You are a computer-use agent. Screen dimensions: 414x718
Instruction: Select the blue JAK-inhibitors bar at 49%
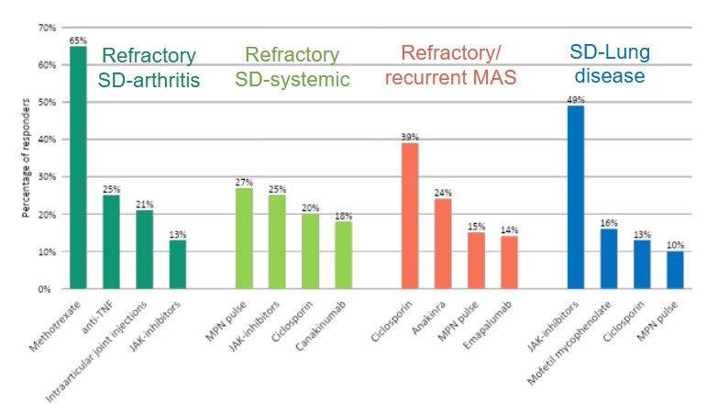[x=576, y=197]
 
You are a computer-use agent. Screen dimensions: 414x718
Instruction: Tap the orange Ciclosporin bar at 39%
[x=410, y=216]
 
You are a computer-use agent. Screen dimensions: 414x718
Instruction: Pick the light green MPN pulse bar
[x=245, y=238]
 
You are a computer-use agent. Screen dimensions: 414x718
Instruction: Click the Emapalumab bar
[x=509, y=263]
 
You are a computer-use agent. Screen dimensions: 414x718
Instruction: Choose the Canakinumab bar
[x=343, y=254]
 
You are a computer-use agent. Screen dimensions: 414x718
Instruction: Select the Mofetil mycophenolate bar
[x=609, y=259]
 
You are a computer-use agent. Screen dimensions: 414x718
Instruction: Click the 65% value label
[x=78, y=40]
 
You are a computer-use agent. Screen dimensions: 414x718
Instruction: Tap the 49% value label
[x=576, y=100]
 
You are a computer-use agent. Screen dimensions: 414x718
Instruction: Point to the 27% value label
[x=245, y=183]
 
